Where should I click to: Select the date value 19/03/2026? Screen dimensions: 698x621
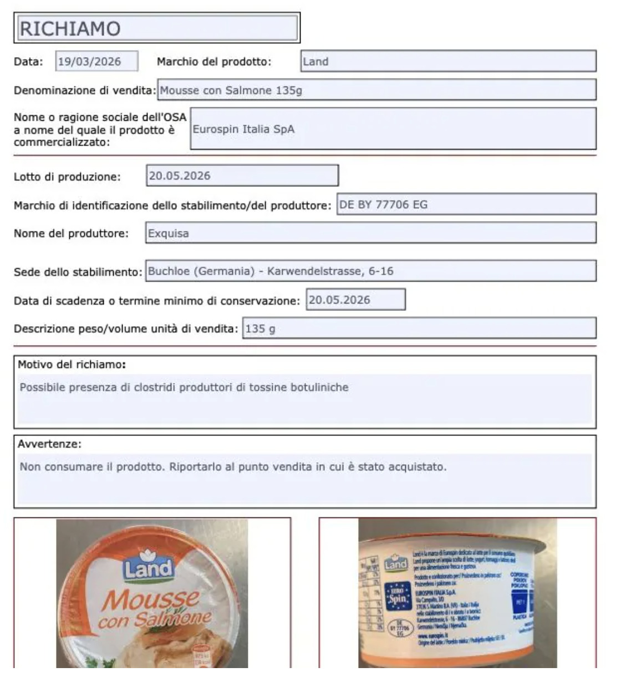coord(96,61)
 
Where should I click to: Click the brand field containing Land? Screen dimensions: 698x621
coord(448,61)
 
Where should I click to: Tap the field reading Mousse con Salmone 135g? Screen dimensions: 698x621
coord(376,90)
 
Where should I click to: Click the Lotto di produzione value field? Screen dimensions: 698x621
coord(242,176)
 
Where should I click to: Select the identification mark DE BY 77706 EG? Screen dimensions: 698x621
coord(466,204)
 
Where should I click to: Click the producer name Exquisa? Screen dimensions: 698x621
coord(370,233)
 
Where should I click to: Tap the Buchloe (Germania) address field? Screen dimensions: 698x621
coord(370,271)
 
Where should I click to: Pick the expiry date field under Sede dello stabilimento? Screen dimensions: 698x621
coord(355,300)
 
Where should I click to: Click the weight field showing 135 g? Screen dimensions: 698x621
coord(419,329)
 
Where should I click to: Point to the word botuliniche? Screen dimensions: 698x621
coord(320,387)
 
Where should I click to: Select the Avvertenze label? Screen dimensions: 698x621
coord(49,444)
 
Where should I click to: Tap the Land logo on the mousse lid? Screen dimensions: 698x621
coord(148,567)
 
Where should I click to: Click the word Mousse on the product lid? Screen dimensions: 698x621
coord(151,599)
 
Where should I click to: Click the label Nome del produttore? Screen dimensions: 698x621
coord(71,233)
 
